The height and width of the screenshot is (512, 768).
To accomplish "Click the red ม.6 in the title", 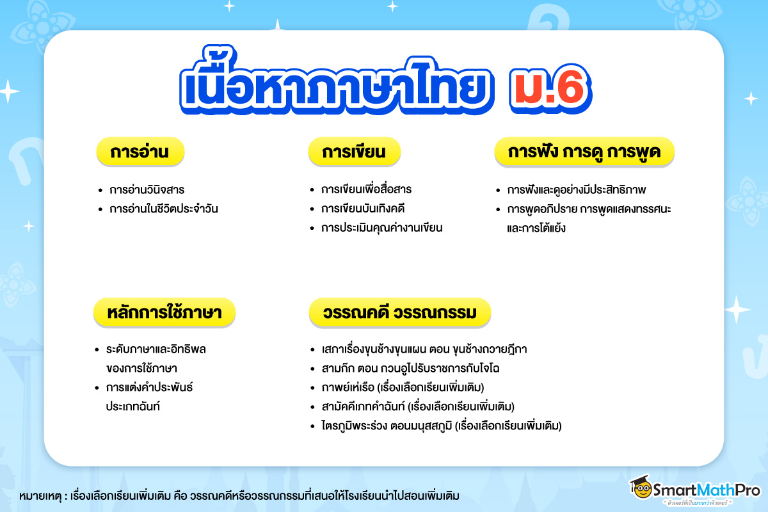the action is coord(550,88).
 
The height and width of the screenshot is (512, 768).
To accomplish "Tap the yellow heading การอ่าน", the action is coord(140,152).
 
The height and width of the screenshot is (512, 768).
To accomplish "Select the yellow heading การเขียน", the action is coord(354,152).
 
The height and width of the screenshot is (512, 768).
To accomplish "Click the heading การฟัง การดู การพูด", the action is coord(584,152).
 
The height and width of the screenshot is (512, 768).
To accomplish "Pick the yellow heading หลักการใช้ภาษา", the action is coord(164,312).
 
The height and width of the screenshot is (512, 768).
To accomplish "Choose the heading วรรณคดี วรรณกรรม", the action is coord(400,312).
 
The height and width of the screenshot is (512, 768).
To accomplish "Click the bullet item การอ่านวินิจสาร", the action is coord(147,189).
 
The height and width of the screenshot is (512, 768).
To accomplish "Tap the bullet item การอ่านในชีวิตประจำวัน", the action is coord(164,209).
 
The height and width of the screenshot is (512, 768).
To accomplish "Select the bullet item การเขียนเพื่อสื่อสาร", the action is coord(366,189).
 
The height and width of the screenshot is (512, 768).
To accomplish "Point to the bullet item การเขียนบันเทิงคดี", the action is coord(363,209).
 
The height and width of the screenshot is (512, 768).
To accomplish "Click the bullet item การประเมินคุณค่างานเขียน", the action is coord(381,228).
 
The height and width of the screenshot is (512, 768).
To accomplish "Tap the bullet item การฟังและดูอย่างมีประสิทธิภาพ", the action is coord(577,189).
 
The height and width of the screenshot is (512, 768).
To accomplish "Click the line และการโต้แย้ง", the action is coord(536,228).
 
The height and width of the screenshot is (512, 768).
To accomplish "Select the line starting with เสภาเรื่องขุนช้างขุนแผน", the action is coord(424,349).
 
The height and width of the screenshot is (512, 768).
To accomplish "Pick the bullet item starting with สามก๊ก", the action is coord(410,369).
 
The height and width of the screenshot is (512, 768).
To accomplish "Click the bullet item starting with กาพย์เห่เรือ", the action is coord(403,387).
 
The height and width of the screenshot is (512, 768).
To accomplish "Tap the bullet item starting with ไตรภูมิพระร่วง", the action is coord(441,426).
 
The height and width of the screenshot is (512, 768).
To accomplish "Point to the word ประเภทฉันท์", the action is coord(132,406).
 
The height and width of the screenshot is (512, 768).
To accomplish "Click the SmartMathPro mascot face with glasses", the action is coord(642,489).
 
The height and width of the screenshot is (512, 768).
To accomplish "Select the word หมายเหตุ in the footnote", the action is coord(40,496).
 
